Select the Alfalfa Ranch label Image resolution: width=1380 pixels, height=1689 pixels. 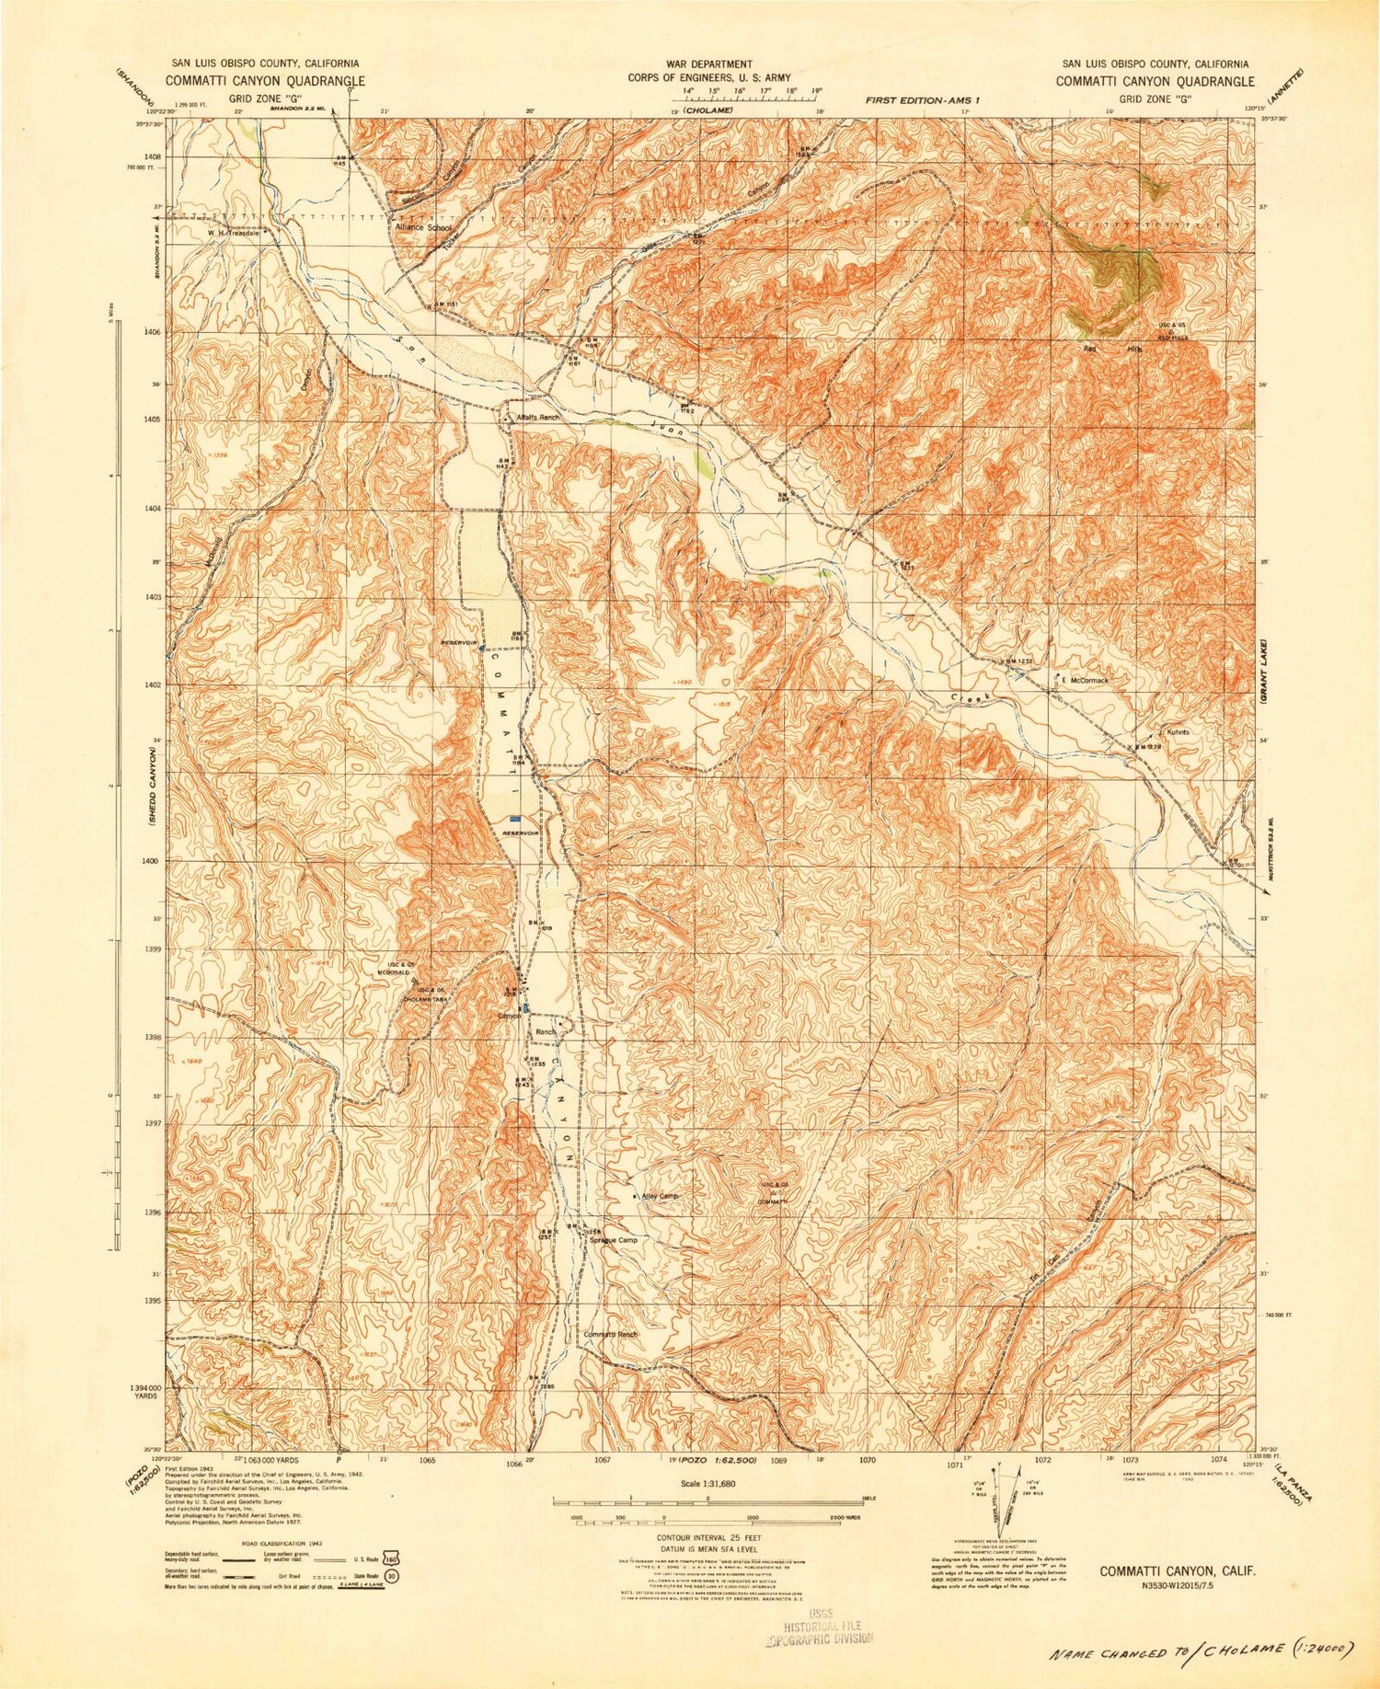[537, 417]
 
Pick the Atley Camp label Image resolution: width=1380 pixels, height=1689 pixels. [659, 1196]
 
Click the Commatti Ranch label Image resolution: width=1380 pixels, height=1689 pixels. [611, 1334]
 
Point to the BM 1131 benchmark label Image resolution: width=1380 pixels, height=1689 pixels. [446, 304]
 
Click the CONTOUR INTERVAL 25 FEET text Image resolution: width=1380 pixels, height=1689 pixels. [707, 1537]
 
